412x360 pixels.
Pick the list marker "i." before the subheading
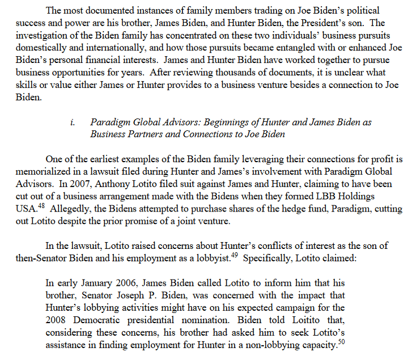tap(73, 122)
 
